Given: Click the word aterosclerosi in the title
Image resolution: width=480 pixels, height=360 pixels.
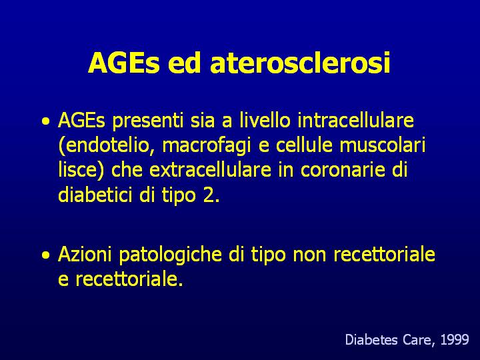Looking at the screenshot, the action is tap(300, 63).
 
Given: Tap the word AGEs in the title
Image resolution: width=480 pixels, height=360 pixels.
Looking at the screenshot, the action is tap(124, 63).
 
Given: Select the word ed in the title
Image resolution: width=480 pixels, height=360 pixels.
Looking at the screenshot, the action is tap(184, 63).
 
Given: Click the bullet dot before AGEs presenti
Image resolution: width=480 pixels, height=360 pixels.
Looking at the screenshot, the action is tap(46, 121).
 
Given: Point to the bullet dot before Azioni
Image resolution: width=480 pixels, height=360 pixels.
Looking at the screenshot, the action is tap(46, 255).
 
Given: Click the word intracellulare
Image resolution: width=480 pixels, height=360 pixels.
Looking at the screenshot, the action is tap(355, 120).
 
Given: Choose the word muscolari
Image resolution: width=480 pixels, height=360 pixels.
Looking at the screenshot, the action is tap(383, 145).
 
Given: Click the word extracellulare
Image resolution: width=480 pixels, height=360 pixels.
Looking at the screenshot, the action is tap(210, 169).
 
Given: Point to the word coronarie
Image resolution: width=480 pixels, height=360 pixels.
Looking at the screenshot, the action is tap(343, 169).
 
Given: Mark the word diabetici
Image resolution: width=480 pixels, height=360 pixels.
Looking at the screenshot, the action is tap(96, 195).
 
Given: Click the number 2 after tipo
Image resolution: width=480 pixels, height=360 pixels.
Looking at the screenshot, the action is tap(209, 195).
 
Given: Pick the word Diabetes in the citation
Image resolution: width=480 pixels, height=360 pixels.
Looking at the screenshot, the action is tap(371, 340).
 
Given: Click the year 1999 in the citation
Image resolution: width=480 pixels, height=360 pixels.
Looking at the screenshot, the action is tap(455, 340).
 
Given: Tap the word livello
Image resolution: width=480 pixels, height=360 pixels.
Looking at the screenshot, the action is tap(265, 120).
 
